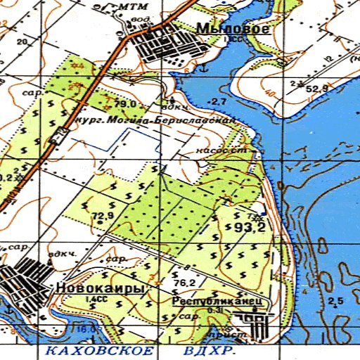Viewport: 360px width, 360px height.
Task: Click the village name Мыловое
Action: click(232, 29)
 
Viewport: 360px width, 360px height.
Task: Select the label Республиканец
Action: click(217, 300)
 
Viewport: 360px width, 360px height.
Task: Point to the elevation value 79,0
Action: click(125, 104)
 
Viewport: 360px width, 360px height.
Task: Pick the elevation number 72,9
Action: click(102, 214)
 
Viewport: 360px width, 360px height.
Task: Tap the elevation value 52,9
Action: click(317, 89)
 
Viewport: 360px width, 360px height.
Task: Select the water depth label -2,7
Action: click(217, 103)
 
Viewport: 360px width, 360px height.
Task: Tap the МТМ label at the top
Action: click(131, 6)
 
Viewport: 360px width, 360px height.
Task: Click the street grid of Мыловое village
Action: click(169, 46)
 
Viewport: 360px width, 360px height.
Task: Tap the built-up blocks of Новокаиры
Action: click(25, 278)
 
